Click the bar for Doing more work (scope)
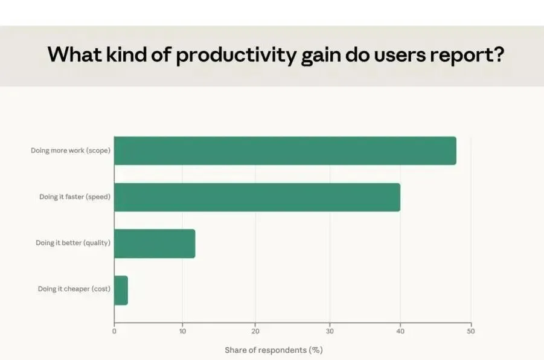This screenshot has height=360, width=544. [285, 150]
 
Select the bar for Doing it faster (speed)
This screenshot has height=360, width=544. [257, 197]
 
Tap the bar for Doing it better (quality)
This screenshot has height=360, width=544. [155, 243]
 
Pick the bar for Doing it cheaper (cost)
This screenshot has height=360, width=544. [121, 290]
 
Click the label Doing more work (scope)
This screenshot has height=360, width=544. [71, 150]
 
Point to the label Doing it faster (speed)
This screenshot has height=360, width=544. [75, 197]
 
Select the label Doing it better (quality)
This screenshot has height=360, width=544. [73, 243]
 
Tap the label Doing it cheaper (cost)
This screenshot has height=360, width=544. [74, 289]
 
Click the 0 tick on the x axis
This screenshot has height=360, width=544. [114, 331]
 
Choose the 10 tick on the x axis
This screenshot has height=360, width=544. [182, 331]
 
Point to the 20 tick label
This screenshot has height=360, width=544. [255, 331]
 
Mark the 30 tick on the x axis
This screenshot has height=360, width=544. [330, 331]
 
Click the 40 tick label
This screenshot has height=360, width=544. [400, 331]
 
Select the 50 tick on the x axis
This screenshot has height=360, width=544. [471, 331]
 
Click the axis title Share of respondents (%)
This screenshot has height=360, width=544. [274, 350]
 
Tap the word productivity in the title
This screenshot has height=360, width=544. [236, 55]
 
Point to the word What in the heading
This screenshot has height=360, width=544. [75, 54]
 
